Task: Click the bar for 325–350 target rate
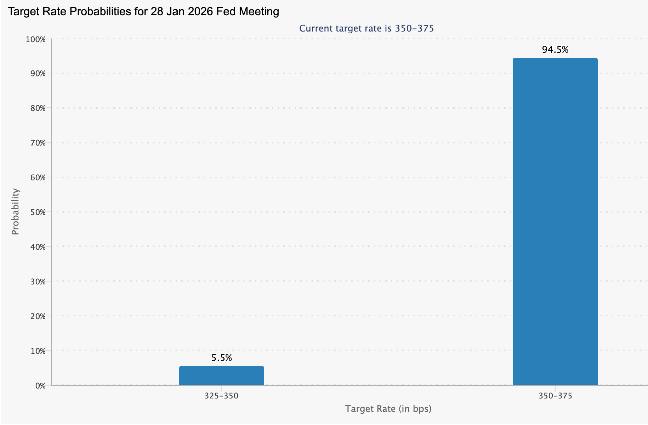pos(221,375)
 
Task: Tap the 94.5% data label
pos(555,50)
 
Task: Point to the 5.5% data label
pos(222,358)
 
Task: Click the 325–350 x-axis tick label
pos(221,396)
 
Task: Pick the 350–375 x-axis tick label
pos(555,396)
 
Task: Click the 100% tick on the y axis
pos(36,39)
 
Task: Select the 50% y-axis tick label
pos(38,212)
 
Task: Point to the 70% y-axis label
pos(38,143)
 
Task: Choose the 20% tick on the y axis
pos(38,316)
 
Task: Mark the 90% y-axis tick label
pos(38,74)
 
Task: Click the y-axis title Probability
pos(15,212)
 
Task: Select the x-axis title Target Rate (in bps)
pos(388,409)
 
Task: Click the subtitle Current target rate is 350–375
pos(366,28)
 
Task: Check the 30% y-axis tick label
pos(38,282)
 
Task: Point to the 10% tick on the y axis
pos(38,351)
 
